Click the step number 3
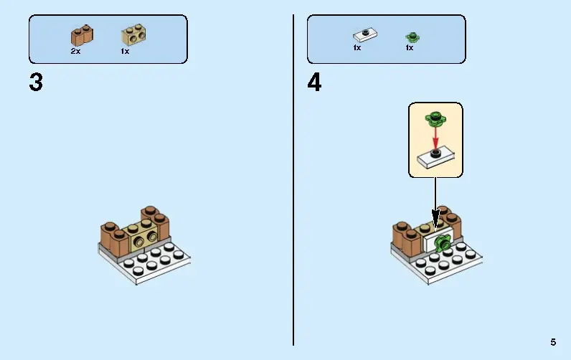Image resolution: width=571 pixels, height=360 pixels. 36,82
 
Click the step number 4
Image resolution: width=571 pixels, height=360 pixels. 314,82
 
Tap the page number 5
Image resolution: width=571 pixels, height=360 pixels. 553,342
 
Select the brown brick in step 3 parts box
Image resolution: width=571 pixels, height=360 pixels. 82,35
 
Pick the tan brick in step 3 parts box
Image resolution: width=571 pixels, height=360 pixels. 133,35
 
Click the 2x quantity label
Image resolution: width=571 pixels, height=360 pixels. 75,52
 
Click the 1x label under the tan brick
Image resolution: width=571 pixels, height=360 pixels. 125,52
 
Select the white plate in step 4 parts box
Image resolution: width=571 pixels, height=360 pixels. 365,34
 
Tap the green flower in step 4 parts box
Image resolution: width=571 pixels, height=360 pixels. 412,37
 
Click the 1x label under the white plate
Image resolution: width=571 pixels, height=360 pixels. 357,47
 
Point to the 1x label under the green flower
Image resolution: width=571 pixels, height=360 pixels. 410,47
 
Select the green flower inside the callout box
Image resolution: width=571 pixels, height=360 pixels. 435,118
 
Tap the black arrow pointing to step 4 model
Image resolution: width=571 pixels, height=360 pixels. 435,203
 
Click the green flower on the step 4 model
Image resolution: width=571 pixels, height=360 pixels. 442,243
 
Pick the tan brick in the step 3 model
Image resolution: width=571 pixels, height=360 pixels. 140,235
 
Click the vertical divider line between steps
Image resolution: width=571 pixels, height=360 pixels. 293,180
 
